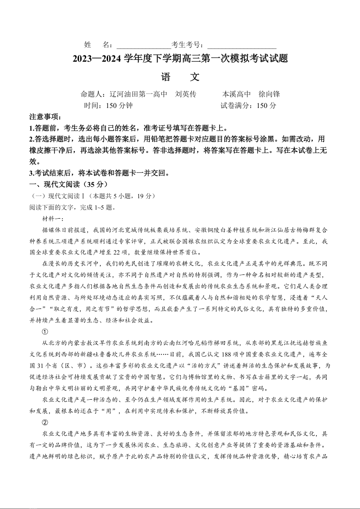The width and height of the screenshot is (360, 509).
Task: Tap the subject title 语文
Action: tap(180, 77)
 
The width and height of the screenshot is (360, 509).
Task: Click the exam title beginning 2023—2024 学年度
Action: tap(180, 59)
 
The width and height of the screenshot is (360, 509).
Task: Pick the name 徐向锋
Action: tap(269, 94)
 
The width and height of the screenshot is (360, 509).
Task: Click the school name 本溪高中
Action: tap(236, 94)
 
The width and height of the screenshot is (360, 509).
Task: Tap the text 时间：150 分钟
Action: tap(108, 106)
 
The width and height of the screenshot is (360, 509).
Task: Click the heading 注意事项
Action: tap(45, 117)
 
